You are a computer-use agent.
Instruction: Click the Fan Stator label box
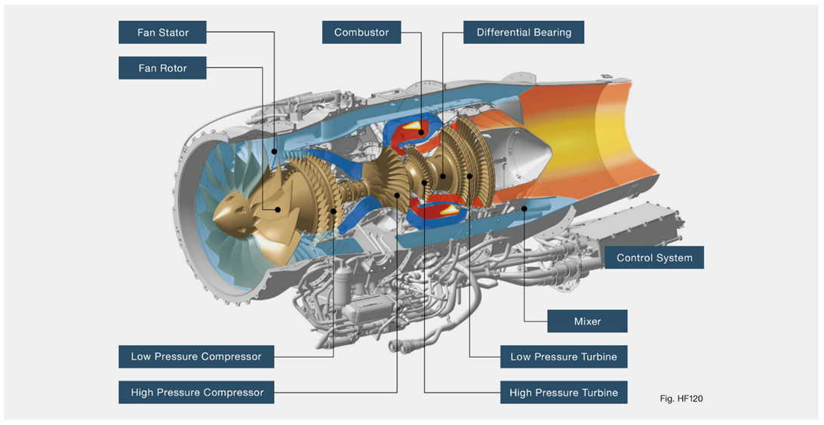tap(163, 32)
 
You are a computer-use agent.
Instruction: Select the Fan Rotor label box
tap(163, 68)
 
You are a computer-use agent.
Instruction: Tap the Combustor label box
tap(361, 32)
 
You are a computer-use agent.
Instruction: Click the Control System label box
tap(654, 257)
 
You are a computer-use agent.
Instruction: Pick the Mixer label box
tap(587, 321)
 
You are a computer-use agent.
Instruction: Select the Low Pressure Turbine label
tap(563, 356)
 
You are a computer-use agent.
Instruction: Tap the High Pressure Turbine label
tap(563, 393)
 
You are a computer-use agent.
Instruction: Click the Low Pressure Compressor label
tap(196, 356)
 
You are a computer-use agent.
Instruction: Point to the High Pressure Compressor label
tap(196, 393)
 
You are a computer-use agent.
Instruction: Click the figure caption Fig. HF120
tap(681, 397)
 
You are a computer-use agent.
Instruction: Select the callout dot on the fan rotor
tap(278, 210)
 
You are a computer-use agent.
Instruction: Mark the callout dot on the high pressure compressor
tap(398, 195)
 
